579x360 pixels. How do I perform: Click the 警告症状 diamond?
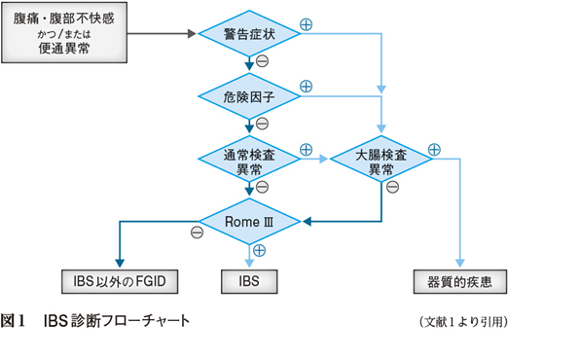249,34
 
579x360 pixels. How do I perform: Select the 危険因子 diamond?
249,96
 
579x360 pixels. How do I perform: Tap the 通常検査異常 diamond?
249,160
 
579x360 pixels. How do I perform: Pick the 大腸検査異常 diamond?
381,160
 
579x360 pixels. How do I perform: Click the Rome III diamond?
249,222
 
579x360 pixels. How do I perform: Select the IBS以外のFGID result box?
120,282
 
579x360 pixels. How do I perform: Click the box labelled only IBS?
249,282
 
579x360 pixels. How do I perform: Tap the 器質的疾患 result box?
460,282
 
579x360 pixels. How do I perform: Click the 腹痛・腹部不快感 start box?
64,32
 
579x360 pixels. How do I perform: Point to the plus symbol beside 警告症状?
307,24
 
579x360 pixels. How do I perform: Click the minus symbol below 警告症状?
262,61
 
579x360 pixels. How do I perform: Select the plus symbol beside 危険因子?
307,87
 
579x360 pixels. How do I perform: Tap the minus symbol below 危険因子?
262,124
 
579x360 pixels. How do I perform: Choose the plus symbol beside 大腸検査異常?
434,150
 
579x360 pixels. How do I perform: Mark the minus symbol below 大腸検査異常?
392,187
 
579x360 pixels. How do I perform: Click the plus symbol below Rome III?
259,250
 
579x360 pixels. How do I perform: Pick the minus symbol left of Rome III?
197,233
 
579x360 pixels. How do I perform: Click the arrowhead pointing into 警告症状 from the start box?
192,34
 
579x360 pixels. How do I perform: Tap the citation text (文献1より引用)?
463,322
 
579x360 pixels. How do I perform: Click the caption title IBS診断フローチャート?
117,321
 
